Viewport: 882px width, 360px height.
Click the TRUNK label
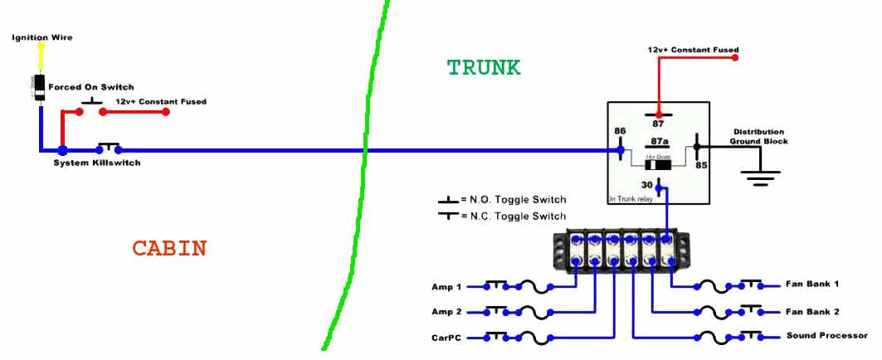point(484,68)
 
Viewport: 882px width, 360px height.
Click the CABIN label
point(169,248)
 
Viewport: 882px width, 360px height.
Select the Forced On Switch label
point(91,87)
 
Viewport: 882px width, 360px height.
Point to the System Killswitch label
point(97,163)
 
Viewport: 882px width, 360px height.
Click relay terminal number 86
point(620,131)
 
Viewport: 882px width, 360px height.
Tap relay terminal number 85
point(701,165)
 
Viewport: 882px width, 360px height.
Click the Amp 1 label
point(442,287)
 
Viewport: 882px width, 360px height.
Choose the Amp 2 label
point(442,312)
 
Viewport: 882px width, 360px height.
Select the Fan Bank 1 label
point(812,285)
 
